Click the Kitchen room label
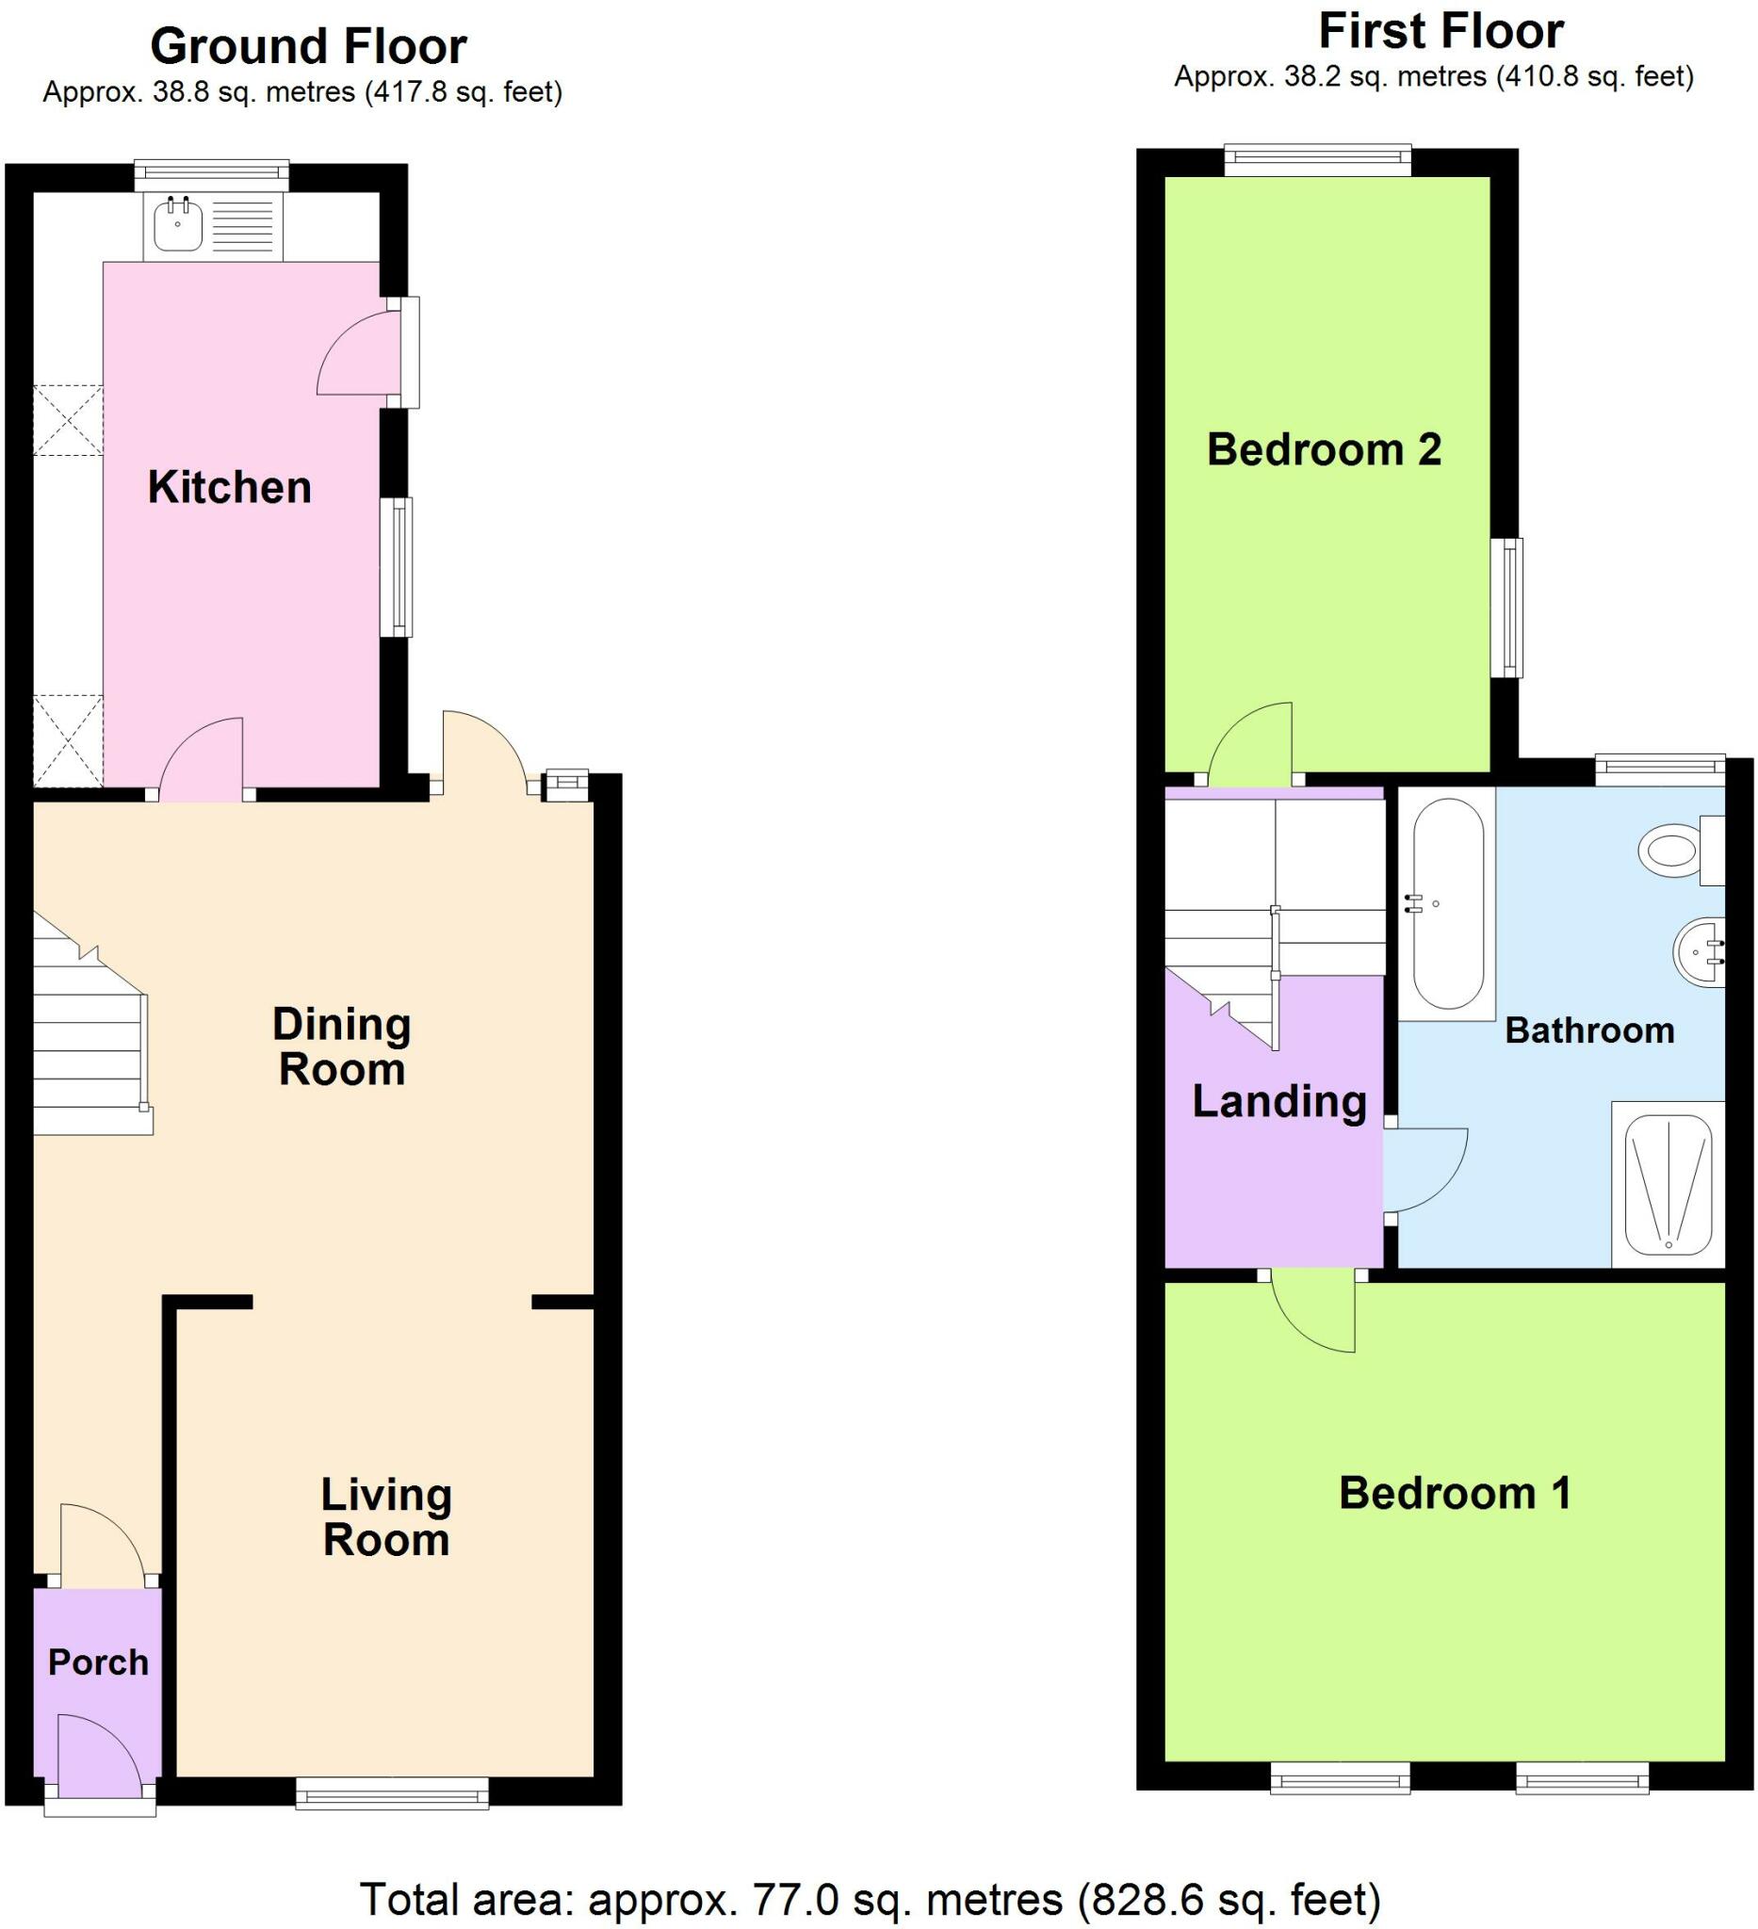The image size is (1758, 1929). tap(230, 488)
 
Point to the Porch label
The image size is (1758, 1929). tap(99, 1662)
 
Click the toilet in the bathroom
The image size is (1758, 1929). tap(1681, 849)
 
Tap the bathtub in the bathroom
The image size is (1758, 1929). tap(1447, 904)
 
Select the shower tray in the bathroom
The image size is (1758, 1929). tap(1668, 1185)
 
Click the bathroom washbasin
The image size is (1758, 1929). tap(1700, 952)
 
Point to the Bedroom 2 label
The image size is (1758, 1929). tap(1324, 448)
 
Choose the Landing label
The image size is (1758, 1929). tap(1278, 1102)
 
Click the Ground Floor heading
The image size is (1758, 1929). tap(308, 46)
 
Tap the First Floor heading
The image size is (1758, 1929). tap(1441, 32)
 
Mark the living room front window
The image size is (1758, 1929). tap(392, 1793)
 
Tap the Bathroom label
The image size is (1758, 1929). tap(1589, 1030)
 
